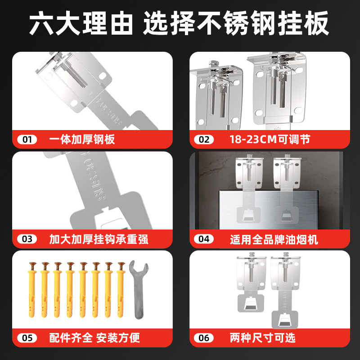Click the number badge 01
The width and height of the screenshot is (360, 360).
tap(27, 139)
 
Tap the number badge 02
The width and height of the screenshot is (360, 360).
tap(204, 139)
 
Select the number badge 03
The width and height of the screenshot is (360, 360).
tap(27, 239)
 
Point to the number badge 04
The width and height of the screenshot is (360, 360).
tap(204, 239)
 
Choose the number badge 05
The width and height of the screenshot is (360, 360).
tap(27, 337)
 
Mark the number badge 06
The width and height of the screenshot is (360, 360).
tap(204, 337)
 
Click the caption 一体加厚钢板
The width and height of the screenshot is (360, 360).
tap(82, 139)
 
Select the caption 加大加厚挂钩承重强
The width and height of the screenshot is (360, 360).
tap(99, 239)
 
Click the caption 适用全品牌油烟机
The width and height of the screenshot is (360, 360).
tap(274, 239)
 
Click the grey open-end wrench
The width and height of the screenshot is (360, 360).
tap(137, 288)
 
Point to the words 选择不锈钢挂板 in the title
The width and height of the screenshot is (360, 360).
tap(236, 25)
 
